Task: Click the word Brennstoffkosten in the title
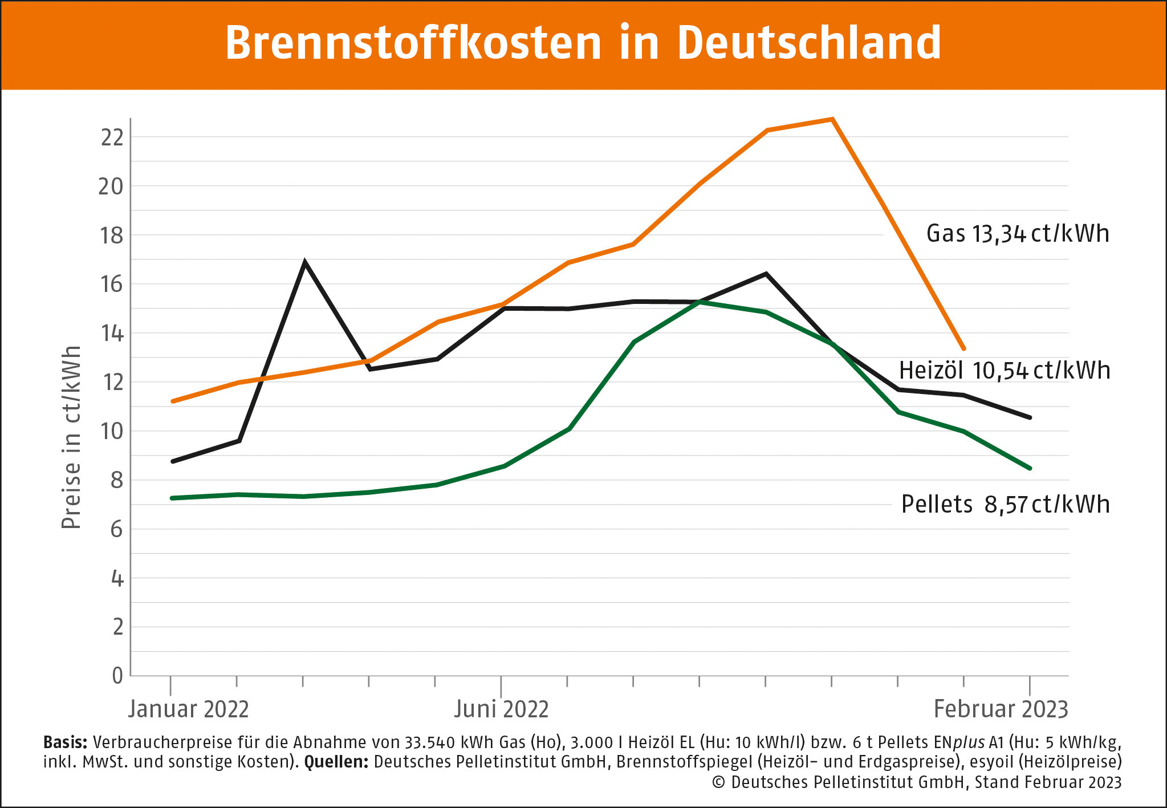[413, 43]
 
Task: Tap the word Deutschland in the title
[809, 43]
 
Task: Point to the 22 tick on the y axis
[112, 137]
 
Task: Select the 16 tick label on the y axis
[112, 284]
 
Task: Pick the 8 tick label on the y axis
[117, 480]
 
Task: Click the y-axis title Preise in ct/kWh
[71, 437]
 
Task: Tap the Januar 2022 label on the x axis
[188, 709]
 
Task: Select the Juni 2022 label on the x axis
[501, 709]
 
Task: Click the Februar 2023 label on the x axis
[1001, 709]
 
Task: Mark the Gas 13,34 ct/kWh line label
[1018, 234]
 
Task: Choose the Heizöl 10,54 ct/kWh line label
[1005, 371]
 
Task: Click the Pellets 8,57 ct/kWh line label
[1006, 505]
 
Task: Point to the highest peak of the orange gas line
[832, 119]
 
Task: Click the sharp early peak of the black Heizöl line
[305, 262]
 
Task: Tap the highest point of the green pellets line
[700, 302]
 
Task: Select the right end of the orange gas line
[963, 348]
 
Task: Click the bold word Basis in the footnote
[65, 742]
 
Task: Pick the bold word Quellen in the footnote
[336, 762]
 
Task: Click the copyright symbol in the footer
[718, 782]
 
